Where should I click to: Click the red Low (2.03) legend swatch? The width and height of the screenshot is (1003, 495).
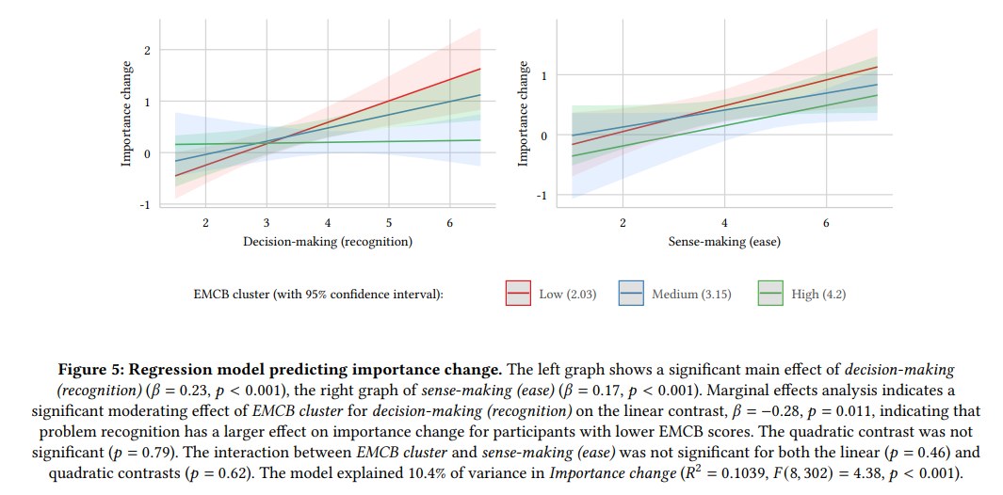pyautogui.click(x=520, y=295)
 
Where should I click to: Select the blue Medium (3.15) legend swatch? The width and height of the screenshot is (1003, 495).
pyautogui.click(x=633, y=295)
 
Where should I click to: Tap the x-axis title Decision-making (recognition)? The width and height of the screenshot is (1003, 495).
pyautogui.click(x=328, y=242)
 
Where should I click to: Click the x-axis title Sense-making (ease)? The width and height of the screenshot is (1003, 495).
pyautogui.click(x=724, y=242)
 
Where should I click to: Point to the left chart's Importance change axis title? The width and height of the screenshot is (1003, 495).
pyautogui.click(x=126, y=114)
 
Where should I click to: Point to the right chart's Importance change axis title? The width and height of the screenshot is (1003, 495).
pyautogui.click(x=525, y=114)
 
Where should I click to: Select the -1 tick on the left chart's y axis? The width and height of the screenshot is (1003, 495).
pyautogui.click(x=144, y=205)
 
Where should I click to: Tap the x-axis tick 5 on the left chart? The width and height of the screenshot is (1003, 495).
pyautogui.click(x=389, y=223)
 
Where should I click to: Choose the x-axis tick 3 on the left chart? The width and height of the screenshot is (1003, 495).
pyautogui.click(x=267, y=223)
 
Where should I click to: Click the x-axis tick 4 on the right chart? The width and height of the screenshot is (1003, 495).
pyautogui.click(x=724, y=223)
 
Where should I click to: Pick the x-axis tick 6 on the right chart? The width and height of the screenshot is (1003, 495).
pyautogui.click(x=826, y=223)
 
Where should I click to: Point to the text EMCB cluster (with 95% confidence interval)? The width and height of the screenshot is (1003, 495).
pyautogui.click(x=317, y=295)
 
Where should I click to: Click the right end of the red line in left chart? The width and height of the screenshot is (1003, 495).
pyautogui.click(x=480, y=69)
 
